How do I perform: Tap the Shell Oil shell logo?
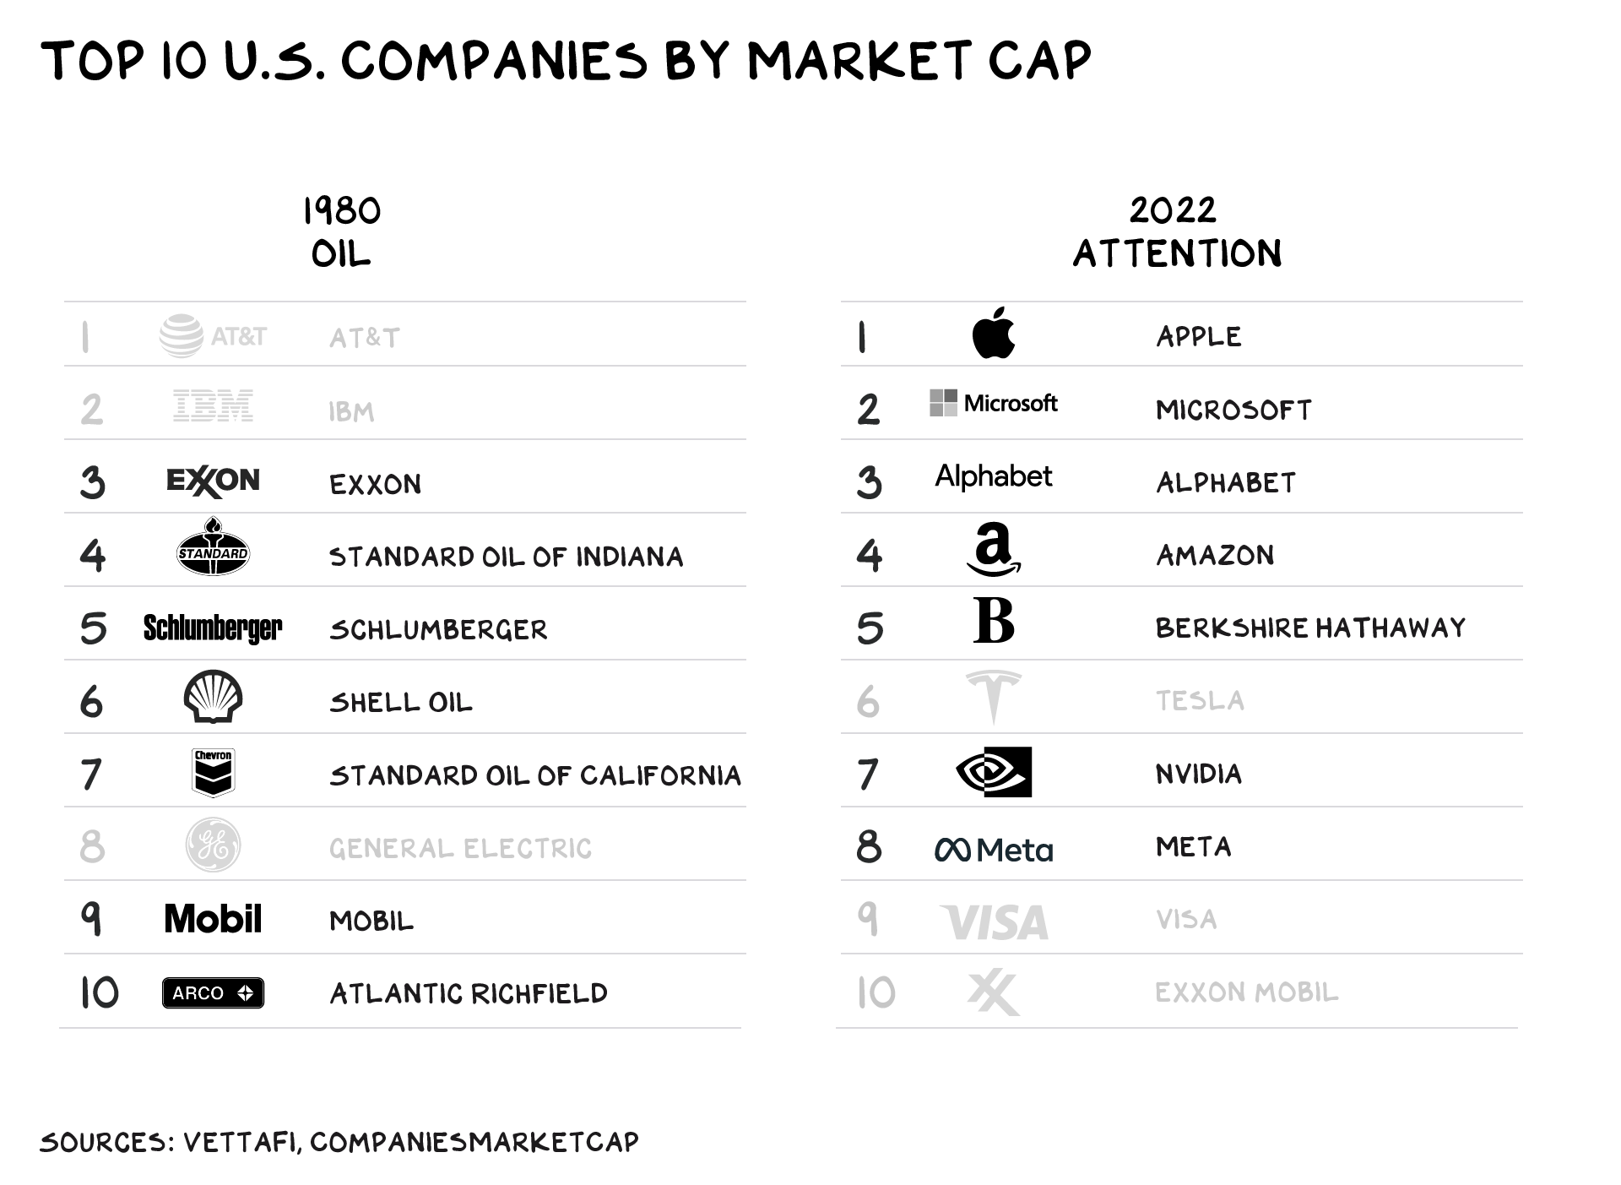213,697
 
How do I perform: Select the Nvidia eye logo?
994,772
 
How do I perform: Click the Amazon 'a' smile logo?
994,549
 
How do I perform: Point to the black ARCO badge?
213,993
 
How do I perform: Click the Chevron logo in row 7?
213,773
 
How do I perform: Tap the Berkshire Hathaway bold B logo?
994,621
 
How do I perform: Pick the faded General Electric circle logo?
213,845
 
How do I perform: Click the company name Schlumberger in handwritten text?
438,630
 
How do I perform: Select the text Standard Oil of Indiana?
506,557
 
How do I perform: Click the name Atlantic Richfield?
469,994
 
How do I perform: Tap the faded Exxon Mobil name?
1247,992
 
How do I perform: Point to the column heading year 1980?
342,211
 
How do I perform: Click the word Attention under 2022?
1178,253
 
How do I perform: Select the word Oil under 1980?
341,254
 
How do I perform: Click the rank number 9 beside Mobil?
91,919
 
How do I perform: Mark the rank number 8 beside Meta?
869,846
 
